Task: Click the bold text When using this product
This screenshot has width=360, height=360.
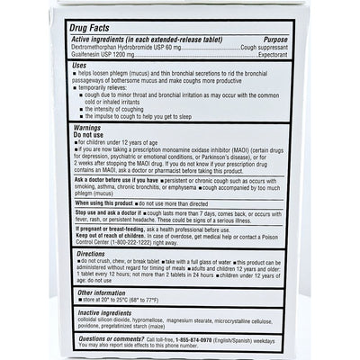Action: point(106,204)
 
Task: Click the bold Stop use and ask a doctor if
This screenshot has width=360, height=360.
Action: point(112,212)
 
